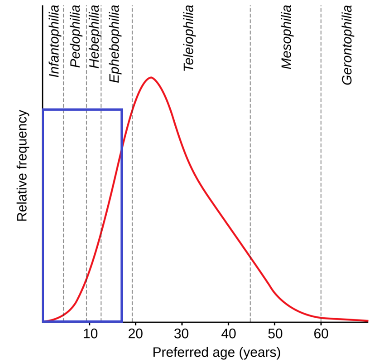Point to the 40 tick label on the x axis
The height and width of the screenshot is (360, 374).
click(x=228, y=333)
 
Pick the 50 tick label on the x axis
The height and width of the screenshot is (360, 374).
click(x=274, y=333)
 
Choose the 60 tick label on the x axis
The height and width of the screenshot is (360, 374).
click(x=321, y=333)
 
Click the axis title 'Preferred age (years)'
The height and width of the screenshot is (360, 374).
click(x=217, y=352)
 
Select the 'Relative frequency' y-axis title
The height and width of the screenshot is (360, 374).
click(x=23, y=166)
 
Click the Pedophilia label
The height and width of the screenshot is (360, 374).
click(x=76, y=36)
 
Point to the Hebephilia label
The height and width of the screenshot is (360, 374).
click(x=94, y=36)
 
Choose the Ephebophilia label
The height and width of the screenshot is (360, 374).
click(x=114, y=44)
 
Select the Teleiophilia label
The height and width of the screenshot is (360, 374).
click(x=189, y=38)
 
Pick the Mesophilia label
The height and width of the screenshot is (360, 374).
click(x=287, y=37)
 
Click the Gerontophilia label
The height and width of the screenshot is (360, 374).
click(x=347, y=45)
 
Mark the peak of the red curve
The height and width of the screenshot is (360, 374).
click(x=151, y=77)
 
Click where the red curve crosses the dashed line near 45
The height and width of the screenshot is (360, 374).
click(x=250, y=257)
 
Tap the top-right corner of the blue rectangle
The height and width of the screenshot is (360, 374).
click(x=121, y=109)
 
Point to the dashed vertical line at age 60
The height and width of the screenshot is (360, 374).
click(x=321, y=178)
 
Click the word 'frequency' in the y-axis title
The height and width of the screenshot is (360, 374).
click(x=23, y=143)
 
